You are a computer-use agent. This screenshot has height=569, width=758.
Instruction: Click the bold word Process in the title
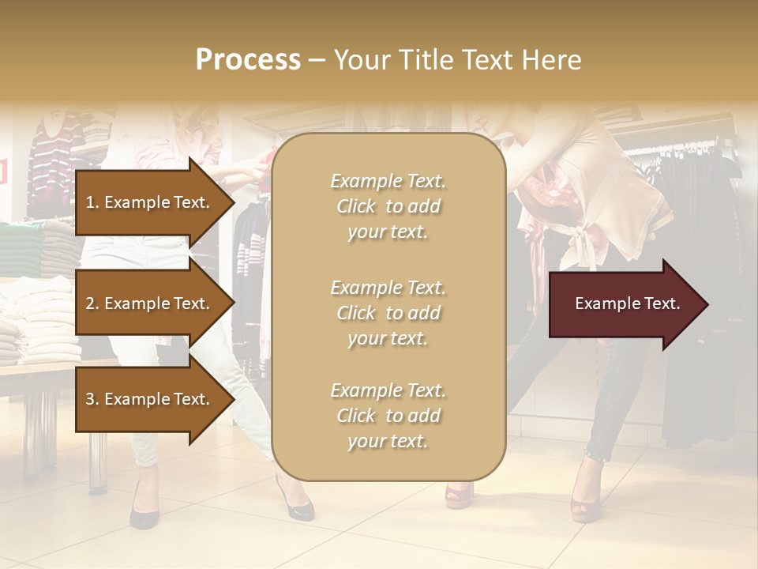pos(248,60)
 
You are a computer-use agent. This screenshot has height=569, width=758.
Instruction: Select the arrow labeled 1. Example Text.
pos(150,202)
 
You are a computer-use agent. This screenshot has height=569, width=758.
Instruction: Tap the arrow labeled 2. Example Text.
pos(150,303)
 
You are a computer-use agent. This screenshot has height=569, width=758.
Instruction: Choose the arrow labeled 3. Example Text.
pos(150,399)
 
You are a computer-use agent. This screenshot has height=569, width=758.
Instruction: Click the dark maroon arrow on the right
pos(627,303)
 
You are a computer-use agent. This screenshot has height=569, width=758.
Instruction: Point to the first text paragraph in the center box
pos(388,206)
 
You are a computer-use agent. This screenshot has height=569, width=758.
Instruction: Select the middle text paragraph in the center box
pos(388,312)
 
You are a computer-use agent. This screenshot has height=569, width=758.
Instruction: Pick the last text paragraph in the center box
pos(388,416)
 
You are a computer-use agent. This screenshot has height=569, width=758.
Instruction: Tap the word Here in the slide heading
pos(553,60)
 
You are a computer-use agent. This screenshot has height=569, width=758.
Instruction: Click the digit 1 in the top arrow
pos(90,202)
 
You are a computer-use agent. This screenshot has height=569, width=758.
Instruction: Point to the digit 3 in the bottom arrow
pos(90,399)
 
